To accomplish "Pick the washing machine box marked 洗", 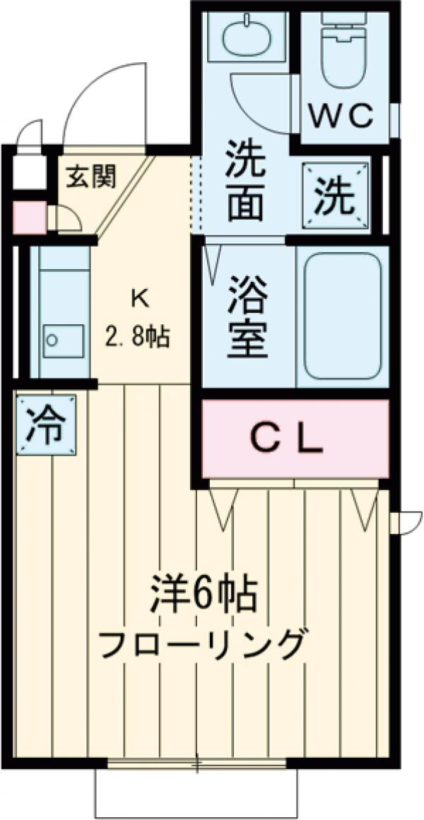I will pos(336,198).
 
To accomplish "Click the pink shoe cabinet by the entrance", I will pos(28,218).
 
